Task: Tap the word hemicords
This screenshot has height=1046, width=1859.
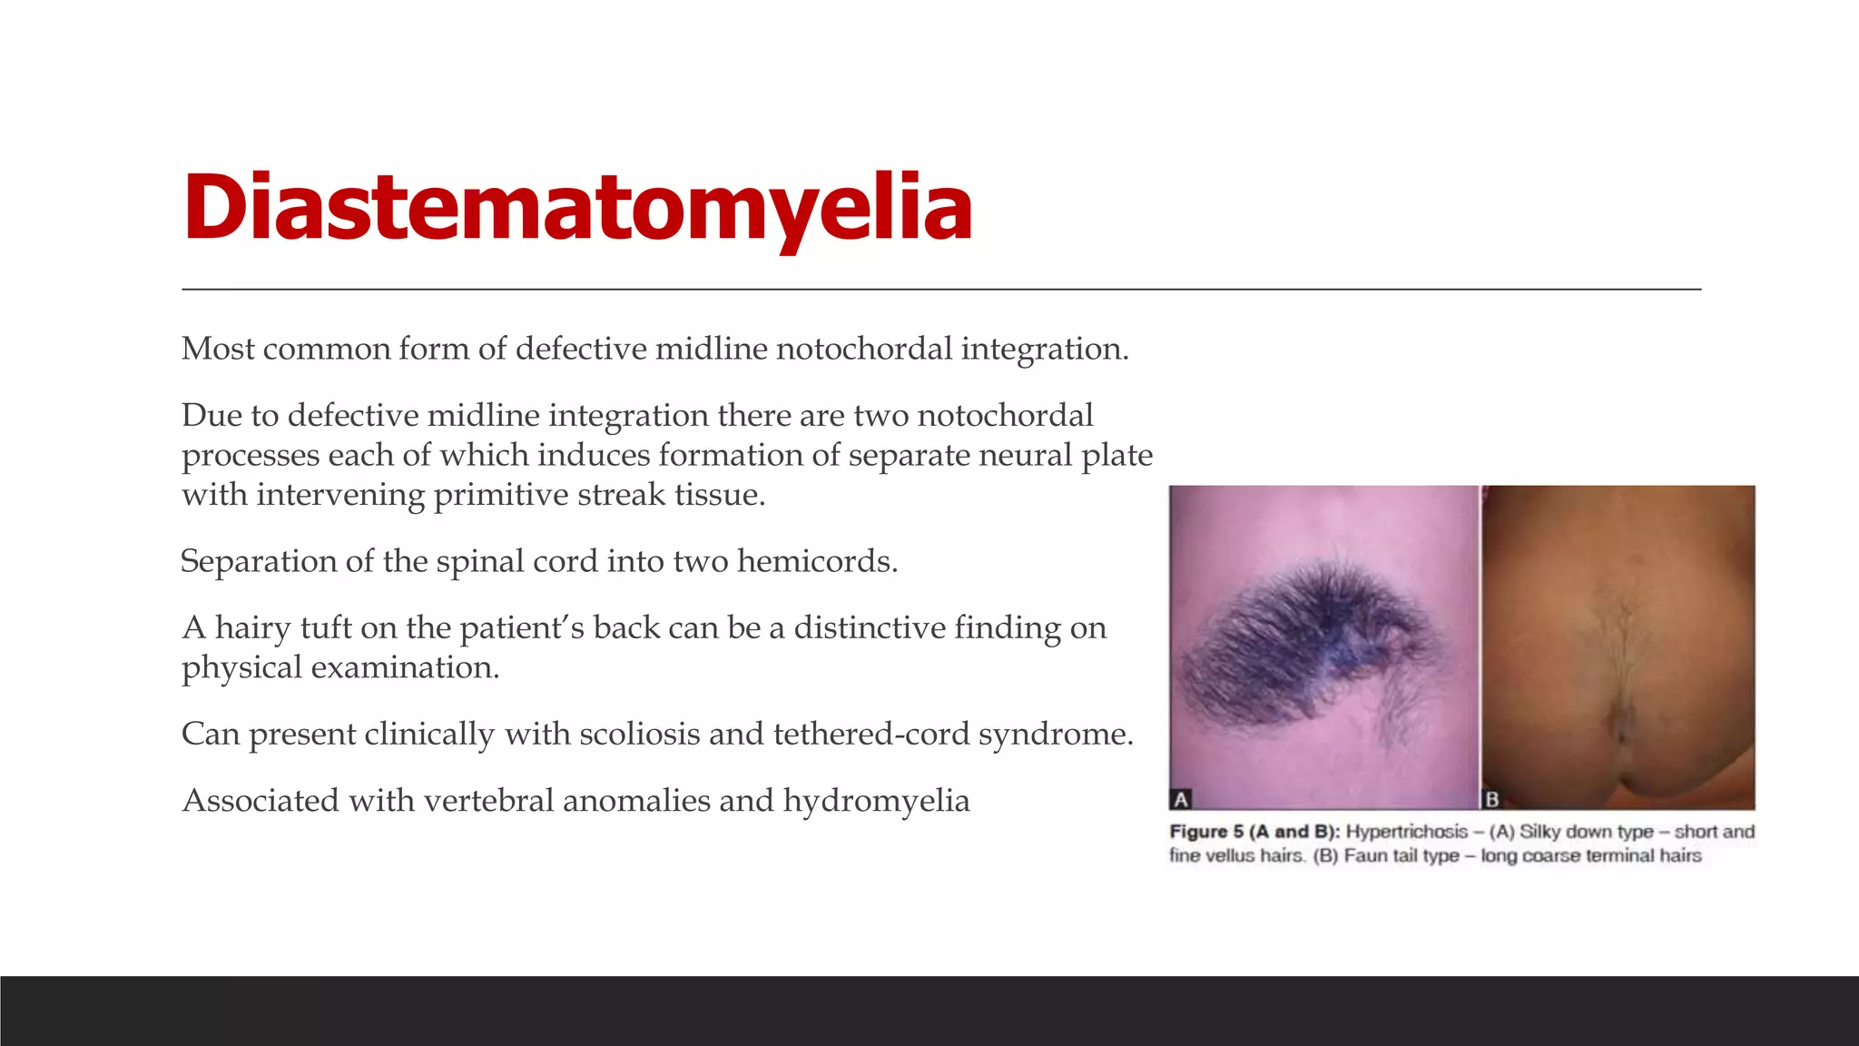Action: coord(817,561)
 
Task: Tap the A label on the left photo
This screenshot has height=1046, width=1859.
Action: coord(1181,799)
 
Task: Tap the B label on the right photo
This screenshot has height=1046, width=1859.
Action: coord(1491,799)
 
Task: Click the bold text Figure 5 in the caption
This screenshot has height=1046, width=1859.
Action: coord(1205,832)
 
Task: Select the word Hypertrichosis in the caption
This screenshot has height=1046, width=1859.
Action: coord(1406,832)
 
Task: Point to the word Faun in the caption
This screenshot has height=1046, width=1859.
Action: coord(1364,855)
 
